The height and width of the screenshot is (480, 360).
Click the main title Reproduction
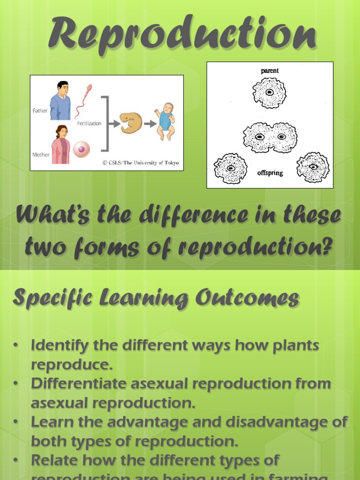[x=181, y=34]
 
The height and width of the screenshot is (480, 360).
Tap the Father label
[x=40, y=111]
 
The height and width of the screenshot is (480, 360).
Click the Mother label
[x=41, y=154]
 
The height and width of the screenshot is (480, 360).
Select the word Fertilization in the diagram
[x=89, y=123]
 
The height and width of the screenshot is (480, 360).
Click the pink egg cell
[x=82, y=149]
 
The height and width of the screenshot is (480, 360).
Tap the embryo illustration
[x=131, y=123]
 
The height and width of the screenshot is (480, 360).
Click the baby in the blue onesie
[x=165, y=121]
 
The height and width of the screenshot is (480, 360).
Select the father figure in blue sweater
[x=60, y=101]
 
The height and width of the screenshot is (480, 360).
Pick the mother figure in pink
[x=60, y=145]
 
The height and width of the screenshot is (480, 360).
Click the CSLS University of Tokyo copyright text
[x=141, y=163]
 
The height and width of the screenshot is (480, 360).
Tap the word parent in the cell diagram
[x=270, y=71]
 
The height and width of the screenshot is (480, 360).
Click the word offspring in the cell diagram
[x=270, y=173]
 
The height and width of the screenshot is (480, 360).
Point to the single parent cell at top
[x=270, y=93]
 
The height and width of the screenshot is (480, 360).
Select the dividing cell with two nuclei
[x=270, y=137]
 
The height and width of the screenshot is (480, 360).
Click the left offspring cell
[x=230, y=168]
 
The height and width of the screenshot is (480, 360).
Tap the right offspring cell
[x=313, y=167]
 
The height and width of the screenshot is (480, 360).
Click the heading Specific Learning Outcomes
[x=156, y=299]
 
